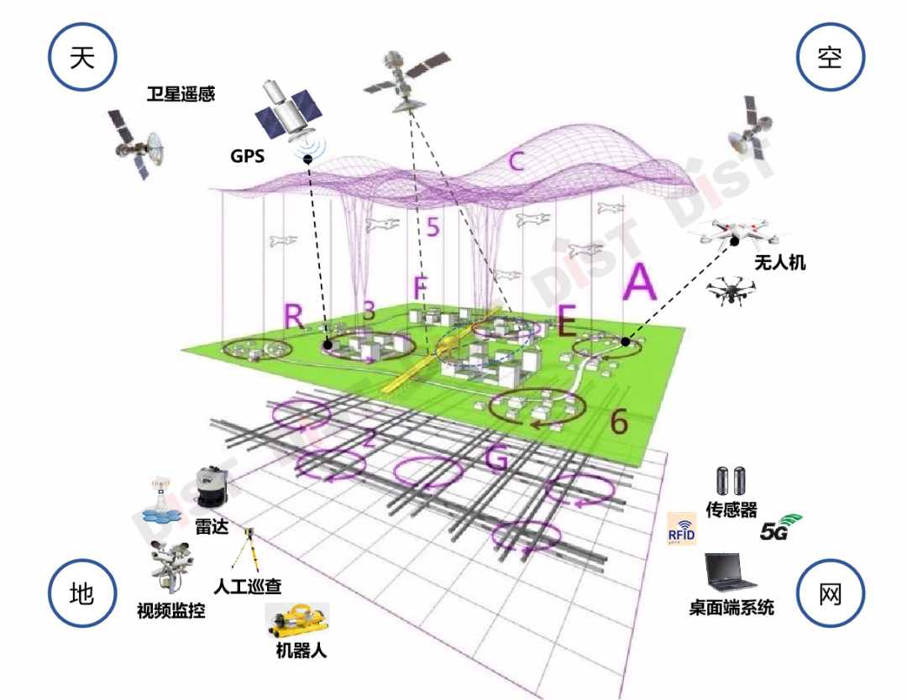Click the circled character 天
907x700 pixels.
pos(82,56)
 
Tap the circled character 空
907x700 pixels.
pos(830,56)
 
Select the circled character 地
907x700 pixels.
pos(82,593)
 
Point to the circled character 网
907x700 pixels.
pos(830,593)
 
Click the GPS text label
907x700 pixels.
pos(247,156)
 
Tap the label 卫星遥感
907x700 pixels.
pos(181,94)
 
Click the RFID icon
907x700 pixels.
pos(682,530)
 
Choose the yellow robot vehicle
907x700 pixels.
pos(298,620)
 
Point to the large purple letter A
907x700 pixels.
pos(639,282)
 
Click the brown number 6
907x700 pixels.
pos(618,422)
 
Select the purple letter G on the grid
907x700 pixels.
pos(497,459)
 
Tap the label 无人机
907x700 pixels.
pos(779,263)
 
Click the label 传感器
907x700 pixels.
pos(731,510)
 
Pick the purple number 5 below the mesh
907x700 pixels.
pos(433,227)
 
